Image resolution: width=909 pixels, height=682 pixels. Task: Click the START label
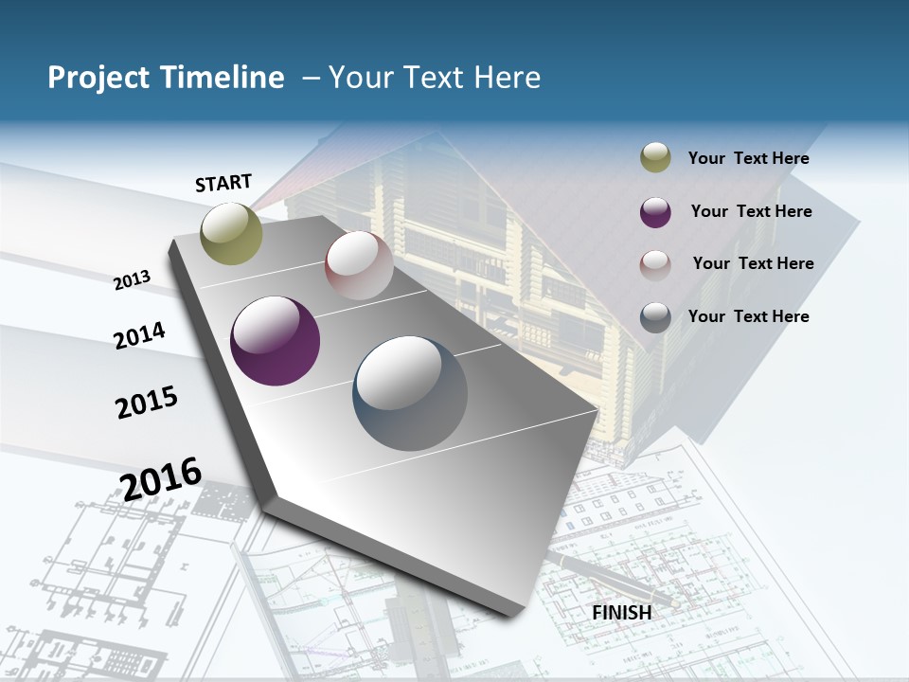pyautogui.click(x=223, y=183)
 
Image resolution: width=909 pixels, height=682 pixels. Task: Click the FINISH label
pyautogui.click(x=622, y=612)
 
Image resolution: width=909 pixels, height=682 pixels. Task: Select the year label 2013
pyautogui.click(x=133, y=279)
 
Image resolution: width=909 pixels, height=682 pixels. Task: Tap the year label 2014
pyautogui.click(x=139, y=335)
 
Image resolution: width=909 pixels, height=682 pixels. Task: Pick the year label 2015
pyautogui.click(x=147, y=403)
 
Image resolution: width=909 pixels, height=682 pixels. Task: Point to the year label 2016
pyautogui.click(x=161, y=478)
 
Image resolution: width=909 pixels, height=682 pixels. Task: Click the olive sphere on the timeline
pyautogui.click(x=232, y=233)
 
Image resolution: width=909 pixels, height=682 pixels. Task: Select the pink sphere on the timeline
pyautogui.click(x=359, y=265)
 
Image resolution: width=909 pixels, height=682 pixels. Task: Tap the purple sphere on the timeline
pyautogui.click(x=275, y=341)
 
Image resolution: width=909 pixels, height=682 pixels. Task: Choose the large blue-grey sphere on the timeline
pyautogui.click(x=410, y=393)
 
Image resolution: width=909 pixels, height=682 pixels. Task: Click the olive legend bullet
pyautogui.click(x=655, y=158)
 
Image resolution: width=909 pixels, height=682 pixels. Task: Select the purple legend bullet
pyautogui.click(x=655, y=212)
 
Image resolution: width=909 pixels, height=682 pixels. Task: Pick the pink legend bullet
pyautogui.click(x=655, y=264)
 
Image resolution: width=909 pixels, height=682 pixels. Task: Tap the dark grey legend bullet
pyautogui.click(x=655, y=317)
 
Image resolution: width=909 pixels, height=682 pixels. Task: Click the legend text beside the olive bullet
pyautogui.click(x=748, y=158)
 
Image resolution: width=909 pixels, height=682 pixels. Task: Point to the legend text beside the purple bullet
pyautogui.click(x=751, y=211)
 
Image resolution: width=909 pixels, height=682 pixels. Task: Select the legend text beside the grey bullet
pyautogui.click(x=748, y=316)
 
